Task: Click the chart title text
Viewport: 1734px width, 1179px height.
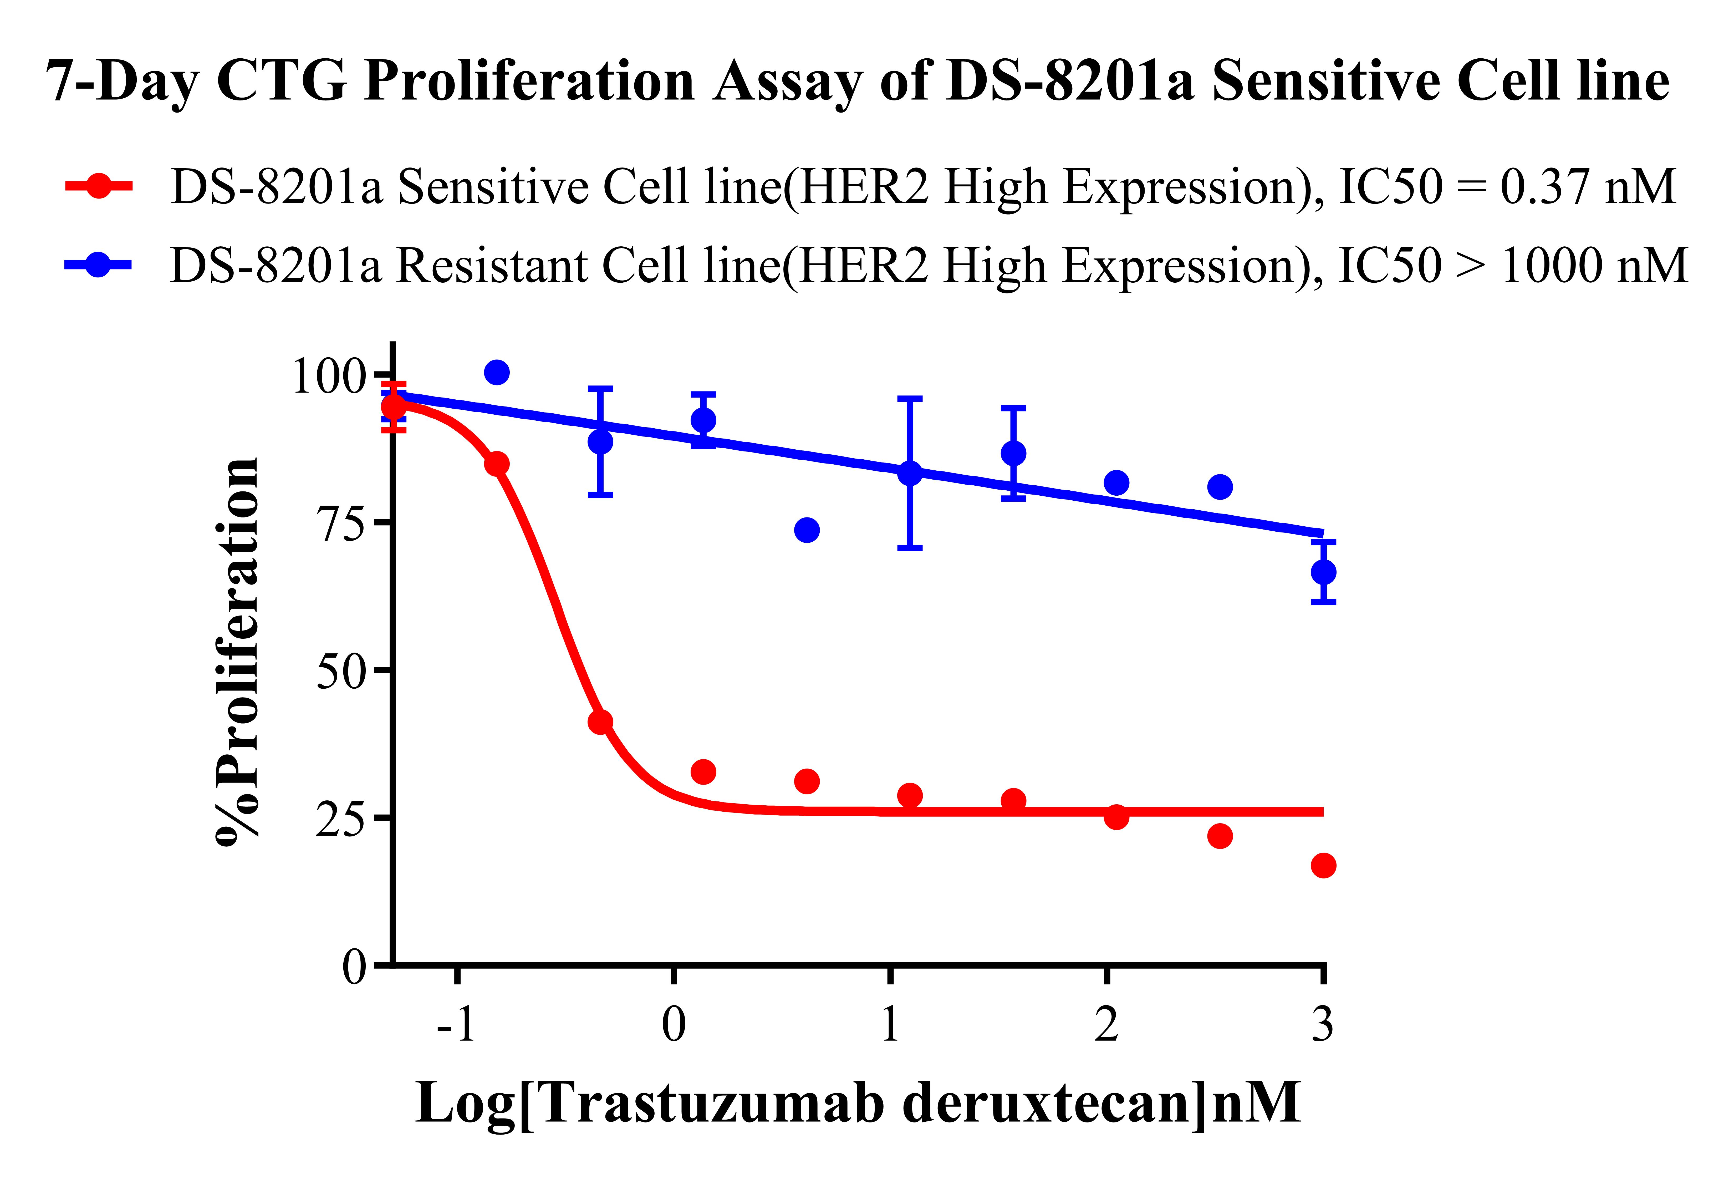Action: (x=858, y=81)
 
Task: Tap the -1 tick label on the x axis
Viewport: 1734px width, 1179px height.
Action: (x=456, y=1025)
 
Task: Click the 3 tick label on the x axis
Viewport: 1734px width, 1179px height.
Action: (x=1323, y=1025)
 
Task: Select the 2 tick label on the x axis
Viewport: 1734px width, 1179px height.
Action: (x=1106, y=1025)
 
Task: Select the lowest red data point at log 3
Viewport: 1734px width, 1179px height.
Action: (x=1323, y=866)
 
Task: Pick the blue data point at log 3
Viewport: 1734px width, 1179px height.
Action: (x=1323, y=572)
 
